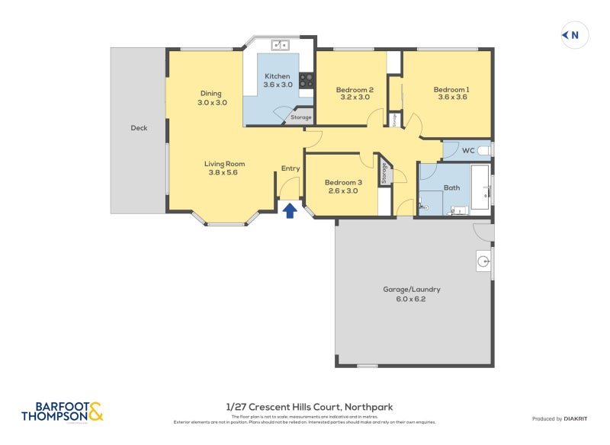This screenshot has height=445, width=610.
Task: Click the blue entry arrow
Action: coord(290,210)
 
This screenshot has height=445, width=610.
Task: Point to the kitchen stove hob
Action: coord(307,79)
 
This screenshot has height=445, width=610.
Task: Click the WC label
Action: coord(468,151)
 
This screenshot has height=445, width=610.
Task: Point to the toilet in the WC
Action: coord(490,150)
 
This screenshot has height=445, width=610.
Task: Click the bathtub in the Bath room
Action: coord(480,187)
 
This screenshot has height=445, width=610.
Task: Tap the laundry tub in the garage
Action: coord(483,261)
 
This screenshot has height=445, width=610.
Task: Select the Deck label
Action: coord(139,128)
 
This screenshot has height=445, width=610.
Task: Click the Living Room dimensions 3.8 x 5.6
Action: coord(224,173)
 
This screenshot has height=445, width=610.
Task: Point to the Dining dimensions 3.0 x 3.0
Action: coord(212,102)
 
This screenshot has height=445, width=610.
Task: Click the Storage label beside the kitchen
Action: coord(300,117)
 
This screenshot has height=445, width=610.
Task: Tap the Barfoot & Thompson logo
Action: coord(62,412)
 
